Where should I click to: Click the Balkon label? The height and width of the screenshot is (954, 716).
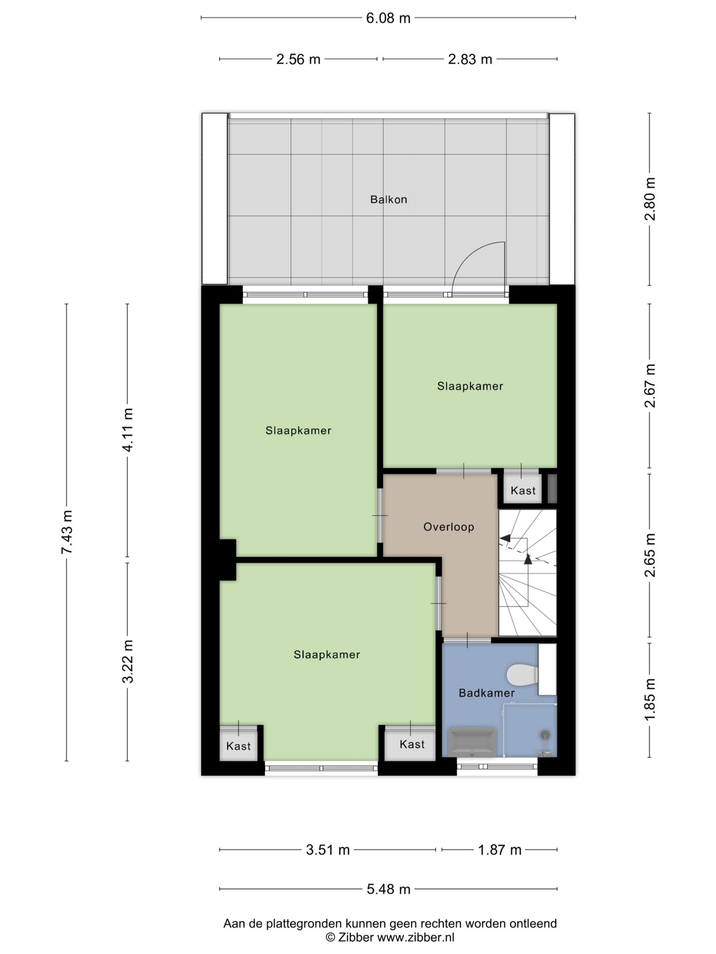(388, 199)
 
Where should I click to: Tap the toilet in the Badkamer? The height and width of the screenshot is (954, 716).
(522, 675)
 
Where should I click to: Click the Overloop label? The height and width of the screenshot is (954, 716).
(448, 527)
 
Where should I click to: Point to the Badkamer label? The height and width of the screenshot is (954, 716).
(486, 693)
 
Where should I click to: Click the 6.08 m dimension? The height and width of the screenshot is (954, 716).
(388, 18)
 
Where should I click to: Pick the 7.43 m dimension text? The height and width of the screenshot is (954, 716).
(67, 532)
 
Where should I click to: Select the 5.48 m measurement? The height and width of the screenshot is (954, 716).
(389, 889)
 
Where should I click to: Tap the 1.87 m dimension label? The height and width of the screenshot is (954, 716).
(499, 850)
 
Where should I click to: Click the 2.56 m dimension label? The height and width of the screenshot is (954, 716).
(298, 59)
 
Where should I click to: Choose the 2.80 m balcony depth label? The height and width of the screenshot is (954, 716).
(649, 199)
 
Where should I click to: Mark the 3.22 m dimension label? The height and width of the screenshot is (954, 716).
(128, 661)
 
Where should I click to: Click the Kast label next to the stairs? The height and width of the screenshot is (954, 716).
(523, 490)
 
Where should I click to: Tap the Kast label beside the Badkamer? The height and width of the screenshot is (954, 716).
(412, 744)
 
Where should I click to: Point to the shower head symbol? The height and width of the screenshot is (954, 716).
(545, 735)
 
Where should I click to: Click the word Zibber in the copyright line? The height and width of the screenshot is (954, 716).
(356, 937)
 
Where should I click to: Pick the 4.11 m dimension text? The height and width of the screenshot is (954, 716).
(128, 430)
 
